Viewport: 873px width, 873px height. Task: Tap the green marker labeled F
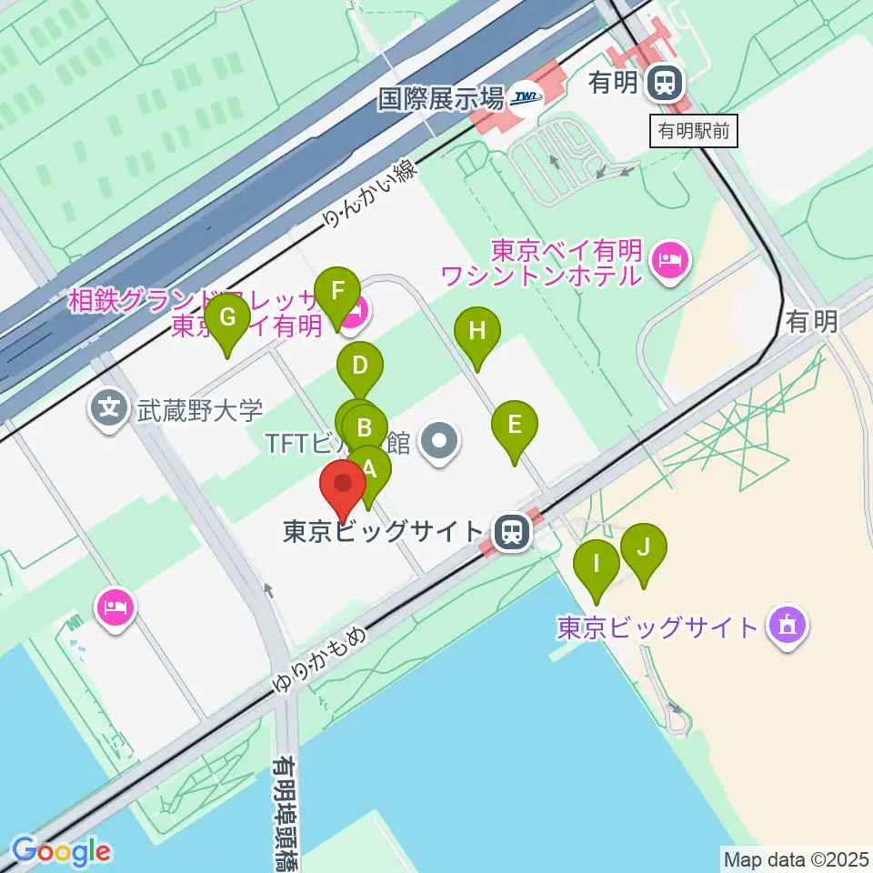(337, 293)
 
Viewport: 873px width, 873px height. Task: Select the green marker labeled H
(477, 332)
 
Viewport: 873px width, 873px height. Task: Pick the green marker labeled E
(515, 425)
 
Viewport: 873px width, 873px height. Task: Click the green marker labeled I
(597, 563)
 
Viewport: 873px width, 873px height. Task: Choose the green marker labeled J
(644, 548)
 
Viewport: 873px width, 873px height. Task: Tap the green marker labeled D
(360, 367)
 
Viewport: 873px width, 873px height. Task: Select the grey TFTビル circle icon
(441, 443)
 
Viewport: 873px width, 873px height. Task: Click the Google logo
(61, 851)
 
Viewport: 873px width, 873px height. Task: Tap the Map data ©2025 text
(796, 858)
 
